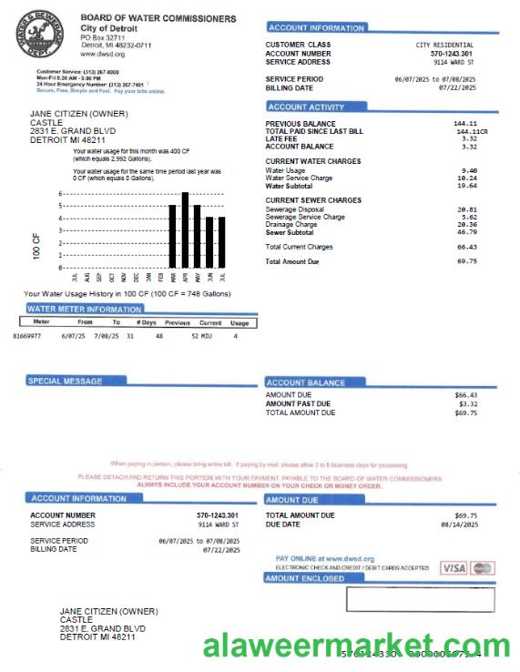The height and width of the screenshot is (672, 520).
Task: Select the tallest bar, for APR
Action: [185, 229]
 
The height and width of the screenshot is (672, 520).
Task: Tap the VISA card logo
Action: [454, 568]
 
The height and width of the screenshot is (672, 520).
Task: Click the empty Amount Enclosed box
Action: [421, 599]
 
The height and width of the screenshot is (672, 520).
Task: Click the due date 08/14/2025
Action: [459, 524]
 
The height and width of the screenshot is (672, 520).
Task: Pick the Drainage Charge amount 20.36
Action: [468, 225]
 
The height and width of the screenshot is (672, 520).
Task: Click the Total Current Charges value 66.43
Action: [467, 247]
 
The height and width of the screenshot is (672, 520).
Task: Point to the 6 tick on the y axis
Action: [61, 194]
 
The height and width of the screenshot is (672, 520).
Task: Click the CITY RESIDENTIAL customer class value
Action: [444, 45]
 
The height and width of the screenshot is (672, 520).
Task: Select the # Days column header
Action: [146, 321]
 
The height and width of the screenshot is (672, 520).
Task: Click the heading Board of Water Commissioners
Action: [158, 18]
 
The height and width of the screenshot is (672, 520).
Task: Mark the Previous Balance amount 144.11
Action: [465, 123]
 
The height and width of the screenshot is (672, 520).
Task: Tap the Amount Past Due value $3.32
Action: [465, 403]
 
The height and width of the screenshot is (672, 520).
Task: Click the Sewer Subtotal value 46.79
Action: [468, 232]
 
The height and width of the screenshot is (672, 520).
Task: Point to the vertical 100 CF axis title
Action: [36, 247]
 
